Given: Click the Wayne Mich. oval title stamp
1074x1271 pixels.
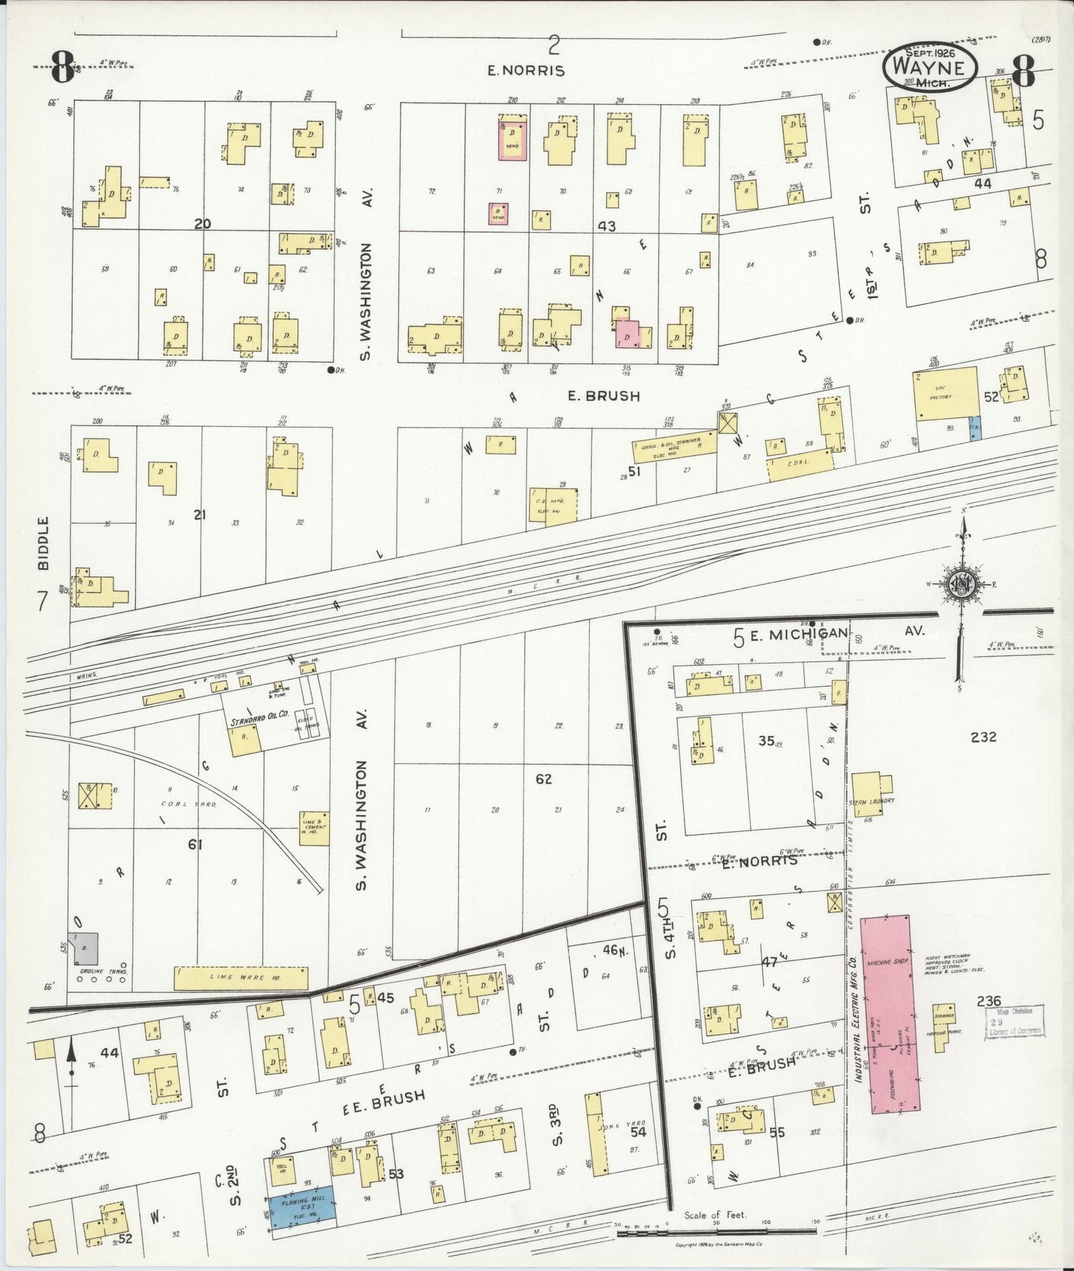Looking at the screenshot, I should click(929, 67).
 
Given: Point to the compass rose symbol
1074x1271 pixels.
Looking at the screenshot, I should click(963, 586).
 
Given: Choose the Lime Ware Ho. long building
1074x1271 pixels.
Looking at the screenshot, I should click(240, 978).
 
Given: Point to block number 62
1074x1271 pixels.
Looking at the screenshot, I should click(544, 779).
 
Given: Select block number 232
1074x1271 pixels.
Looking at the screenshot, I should click(983, 737).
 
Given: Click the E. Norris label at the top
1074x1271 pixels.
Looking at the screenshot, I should click(526, 71).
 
